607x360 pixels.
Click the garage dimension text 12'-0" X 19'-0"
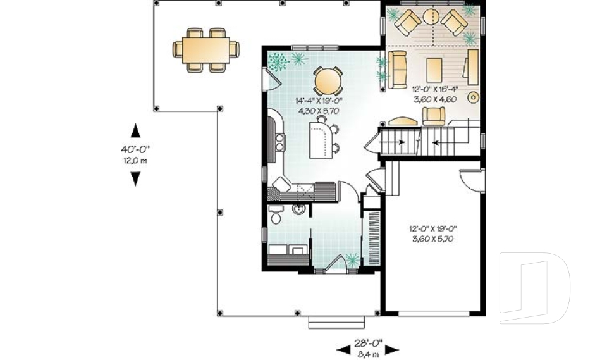(434, 230)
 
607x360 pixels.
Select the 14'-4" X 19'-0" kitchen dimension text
(317, 101)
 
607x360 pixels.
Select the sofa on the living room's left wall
(398, 70)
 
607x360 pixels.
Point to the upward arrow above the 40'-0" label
(135, 130)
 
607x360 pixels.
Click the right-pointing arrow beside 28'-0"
(392, 349)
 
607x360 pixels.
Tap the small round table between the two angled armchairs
(432, 16)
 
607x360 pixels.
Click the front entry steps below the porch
(328, 322)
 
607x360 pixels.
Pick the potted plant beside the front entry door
(352, 259)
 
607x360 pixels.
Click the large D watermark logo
(534, 287)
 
